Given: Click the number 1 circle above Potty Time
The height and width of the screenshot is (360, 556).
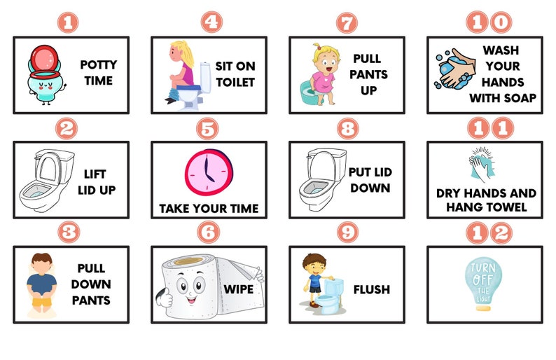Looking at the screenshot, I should tap(67, 22).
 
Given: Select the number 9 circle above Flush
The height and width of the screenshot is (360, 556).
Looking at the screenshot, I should tap(347, 233).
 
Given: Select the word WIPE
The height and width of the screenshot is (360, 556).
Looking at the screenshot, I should tap(239, 289).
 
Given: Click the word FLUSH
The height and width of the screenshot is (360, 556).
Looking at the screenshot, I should tap(372, 289).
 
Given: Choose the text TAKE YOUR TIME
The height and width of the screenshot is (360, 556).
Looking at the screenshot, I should tap(209, 208).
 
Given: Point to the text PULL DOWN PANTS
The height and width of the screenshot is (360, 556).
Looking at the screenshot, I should tap(90, 284).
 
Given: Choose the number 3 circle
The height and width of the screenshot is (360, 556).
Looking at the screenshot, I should tap(69, 233).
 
